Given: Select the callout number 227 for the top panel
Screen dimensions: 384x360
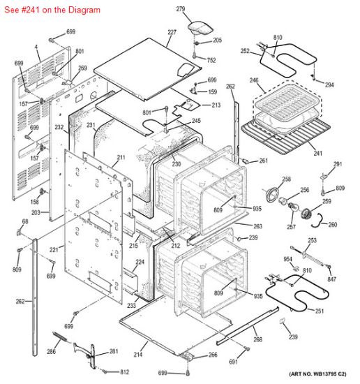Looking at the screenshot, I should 172,33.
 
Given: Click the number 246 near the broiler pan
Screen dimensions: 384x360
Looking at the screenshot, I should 254,81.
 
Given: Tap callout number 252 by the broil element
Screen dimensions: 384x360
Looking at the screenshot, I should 245,51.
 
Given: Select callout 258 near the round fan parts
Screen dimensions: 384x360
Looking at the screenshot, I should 286,179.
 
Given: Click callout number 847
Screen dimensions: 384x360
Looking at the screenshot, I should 331,279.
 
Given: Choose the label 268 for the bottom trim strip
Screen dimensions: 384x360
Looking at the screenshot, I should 258,340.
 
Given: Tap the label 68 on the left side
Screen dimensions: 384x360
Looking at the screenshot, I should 25,222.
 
